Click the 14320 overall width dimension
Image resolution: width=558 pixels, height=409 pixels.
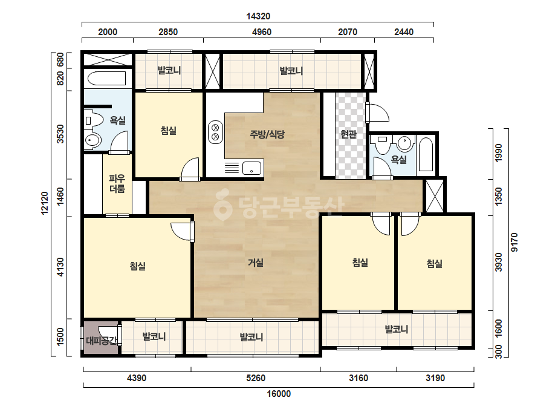tap(258, 16)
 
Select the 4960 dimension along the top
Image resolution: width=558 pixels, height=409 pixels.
tap(262, 32)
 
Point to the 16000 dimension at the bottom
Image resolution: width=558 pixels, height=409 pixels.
tap(279, 394)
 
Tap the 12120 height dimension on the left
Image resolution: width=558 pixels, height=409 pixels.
tap(45, 203)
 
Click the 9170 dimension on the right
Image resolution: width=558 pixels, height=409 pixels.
tap(514, 242)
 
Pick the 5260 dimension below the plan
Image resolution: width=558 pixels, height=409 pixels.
tap(256, 378)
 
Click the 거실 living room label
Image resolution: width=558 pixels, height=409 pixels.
tap(256, 263)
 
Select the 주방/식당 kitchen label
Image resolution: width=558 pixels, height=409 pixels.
tap(267, 134)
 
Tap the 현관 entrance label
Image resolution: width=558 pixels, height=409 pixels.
tap(348, 134)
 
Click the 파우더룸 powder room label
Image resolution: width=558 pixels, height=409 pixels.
tap(117, 183)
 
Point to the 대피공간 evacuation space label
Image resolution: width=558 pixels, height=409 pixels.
tap(102, 341)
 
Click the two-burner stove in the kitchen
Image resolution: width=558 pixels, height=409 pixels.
tap(215, 132)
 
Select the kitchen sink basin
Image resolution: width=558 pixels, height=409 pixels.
tap(251, 168)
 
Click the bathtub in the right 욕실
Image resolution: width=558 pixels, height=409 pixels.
tap(426, 154)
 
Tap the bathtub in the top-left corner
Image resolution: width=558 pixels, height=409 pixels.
tap(107, 79)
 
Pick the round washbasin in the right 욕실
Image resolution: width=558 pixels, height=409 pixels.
tap(404, 143)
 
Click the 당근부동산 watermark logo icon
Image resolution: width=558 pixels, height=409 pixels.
tap(222, 205)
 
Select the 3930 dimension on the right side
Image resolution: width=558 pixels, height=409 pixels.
tap(499, 262)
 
